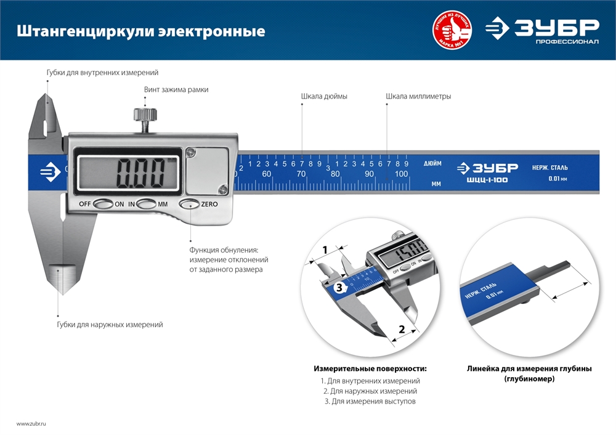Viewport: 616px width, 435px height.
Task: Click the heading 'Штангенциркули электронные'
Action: coord(140,31)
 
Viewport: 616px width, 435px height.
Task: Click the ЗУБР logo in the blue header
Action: coord(542,30)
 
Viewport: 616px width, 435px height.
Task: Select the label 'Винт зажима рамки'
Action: coord(176,89)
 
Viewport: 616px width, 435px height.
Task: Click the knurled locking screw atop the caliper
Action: coord(145,115)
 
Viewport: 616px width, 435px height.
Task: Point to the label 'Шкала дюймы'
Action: coord(324,97)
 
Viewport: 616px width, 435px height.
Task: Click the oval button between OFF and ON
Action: coord(103,204)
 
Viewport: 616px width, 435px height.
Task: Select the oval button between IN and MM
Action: coord(147,204)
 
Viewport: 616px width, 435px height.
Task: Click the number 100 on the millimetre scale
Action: coord(401,174)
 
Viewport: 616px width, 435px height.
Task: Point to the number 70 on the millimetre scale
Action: coord(301,174)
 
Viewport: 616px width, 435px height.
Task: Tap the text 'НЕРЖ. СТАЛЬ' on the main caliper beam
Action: coord(550,168)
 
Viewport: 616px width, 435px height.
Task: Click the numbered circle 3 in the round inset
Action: coord(338,287)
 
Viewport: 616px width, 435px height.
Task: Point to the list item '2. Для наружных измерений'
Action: coord(370,391)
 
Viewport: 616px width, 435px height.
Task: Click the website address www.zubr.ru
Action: coord(31,424)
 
